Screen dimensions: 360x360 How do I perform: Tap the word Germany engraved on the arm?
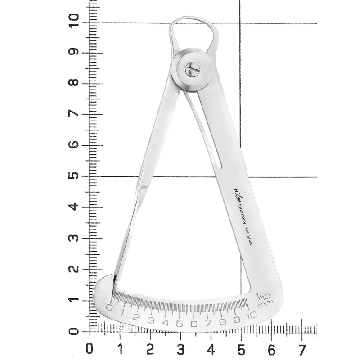(242, 213)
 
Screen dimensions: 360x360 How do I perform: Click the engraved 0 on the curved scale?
(108, 307)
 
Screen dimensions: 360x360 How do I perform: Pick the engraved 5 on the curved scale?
(180, 323)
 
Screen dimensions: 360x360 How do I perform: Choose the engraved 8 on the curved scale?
(223, 322)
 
